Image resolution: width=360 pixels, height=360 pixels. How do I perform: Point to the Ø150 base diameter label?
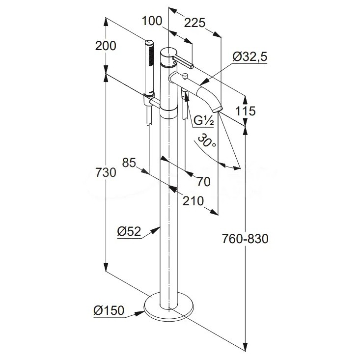(x=109, y=310)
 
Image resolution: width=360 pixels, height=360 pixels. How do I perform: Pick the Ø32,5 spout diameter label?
(x=249, y=57)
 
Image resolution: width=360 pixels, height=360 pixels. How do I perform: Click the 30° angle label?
(x=206, y=143)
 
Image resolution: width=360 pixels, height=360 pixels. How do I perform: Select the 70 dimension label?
(x=203, y=182)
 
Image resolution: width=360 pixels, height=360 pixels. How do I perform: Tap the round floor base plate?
(x=169, y=306)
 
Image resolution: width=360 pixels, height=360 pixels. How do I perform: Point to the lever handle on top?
(x=184, y=63)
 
